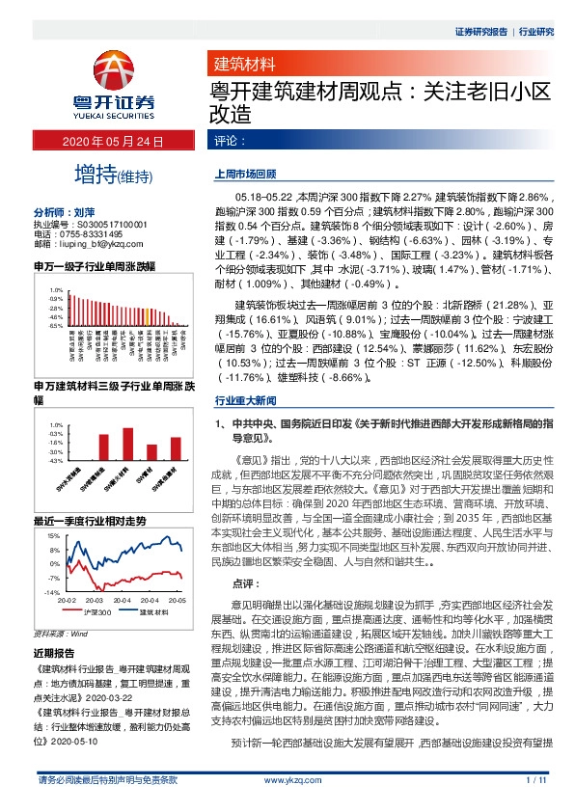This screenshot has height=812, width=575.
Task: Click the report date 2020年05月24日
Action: coord(113,142)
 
